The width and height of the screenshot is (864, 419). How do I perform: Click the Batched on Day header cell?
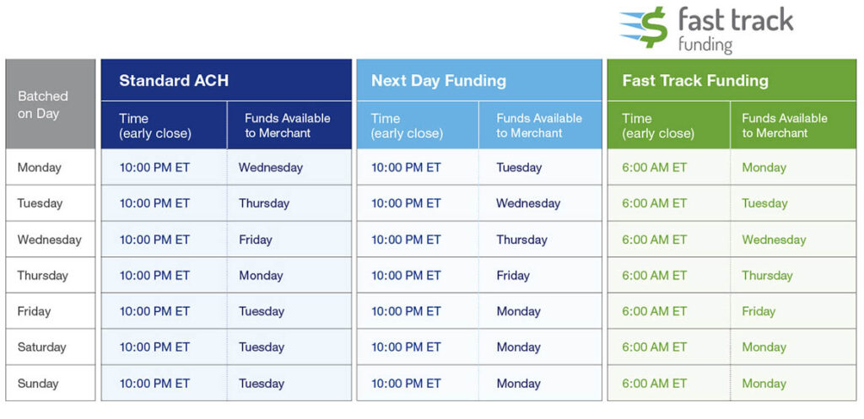pyautogui.click(x=43, y=105)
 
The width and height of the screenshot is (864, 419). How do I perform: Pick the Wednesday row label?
pyautogui.click(x=50, y=239)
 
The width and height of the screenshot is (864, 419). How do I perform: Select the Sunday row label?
pyautogui.click(x=38, y=384)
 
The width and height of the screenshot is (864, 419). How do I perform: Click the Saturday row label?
pyautogui.click(x=41, y=347)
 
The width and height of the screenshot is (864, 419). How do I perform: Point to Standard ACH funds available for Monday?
pyautogui.click(x=271, y=168)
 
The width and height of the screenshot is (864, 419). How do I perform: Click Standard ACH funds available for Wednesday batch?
pyautogui.click(x=256, y=239)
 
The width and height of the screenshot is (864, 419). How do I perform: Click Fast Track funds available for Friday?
pyautogui.click(x=759, y=311)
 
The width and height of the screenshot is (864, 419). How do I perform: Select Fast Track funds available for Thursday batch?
pyautogui.click(x=767, y=276)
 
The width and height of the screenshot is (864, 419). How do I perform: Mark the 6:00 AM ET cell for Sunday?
pyautogui.click(x=655, y=384)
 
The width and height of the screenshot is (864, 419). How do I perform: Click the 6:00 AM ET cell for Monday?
pyautogui.click(x=655, y=168)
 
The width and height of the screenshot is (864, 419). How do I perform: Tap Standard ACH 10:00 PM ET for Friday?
pyautogui.click(x=154, y=311)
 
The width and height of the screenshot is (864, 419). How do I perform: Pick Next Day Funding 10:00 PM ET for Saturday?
pyautogui.click(x=406, y=347)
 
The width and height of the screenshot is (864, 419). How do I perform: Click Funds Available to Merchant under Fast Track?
pyautogui.click(x=785, y=126)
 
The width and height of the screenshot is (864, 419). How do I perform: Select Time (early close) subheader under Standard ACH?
pyautogui.click(x=155, y=126)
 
